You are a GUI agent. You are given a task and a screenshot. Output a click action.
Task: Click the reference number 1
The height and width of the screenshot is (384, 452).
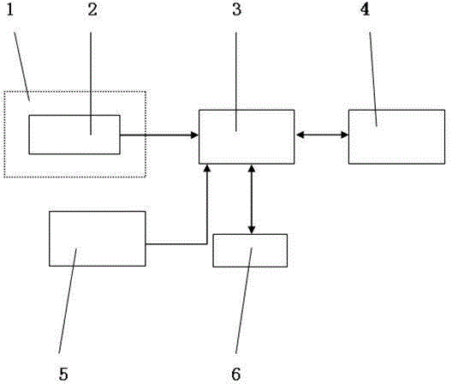(x=10, y=9)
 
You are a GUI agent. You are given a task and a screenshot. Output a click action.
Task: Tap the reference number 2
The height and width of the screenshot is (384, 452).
(x=92, y=9)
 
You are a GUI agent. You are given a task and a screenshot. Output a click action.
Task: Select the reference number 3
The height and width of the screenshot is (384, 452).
(x=236, y=9)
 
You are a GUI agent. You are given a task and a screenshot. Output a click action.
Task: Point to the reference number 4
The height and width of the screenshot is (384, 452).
(x=365, y=9)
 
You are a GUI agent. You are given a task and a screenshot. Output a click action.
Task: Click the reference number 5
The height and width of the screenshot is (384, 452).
(x=63, y=375)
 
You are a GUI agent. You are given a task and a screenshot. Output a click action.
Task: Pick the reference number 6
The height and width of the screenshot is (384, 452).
(x=235, y=375)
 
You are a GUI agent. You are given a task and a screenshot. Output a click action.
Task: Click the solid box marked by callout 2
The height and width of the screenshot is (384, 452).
(x=74, y=135)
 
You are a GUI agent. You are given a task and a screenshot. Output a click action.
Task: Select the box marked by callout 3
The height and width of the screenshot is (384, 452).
(x=247, y=136)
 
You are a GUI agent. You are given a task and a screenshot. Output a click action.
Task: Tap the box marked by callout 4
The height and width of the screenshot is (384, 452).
(x=396, y=136)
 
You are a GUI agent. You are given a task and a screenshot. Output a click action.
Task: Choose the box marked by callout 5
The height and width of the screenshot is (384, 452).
(x=98, y=238)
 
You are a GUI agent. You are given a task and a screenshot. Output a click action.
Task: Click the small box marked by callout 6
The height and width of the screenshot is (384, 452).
(x=250, y=250)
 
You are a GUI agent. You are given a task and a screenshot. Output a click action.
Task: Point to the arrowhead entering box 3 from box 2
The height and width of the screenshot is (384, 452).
(x=195, y=135)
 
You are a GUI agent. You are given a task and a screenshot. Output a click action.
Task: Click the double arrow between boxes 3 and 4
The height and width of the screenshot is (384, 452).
(x=322, y=135)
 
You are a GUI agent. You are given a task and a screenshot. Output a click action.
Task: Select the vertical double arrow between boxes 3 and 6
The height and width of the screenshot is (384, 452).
(x=252, y=199)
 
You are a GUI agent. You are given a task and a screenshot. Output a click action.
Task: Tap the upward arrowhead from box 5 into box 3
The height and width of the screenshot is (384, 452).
(x=207, y=169)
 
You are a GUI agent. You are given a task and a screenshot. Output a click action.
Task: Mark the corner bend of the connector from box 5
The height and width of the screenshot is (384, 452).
(x=206, y=244)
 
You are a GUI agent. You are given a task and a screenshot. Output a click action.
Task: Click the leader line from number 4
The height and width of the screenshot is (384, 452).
(x=373, y=79)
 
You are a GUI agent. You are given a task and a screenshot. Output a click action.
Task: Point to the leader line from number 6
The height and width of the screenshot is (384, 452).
(x=244, y=300)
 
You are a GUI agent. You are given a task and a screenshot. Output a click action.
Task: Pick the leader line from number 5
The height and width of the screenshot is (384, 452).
(x=68, y=300)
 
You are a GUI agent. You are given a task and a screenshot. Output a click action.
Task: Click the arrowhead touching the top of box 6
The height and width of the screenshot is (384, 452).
(x=252, y=230)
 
